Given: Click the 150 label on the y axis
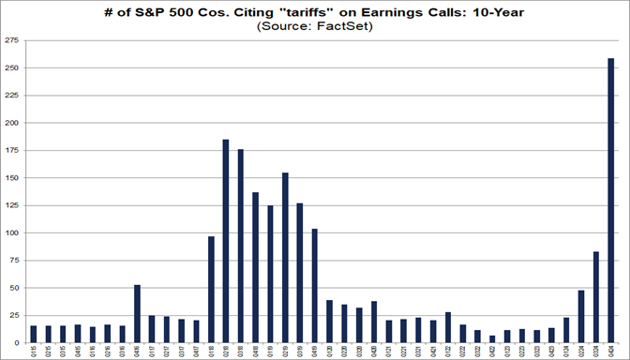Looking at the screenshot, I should [12, 178].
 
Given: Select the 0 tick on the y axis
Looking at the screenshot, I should [18, 342].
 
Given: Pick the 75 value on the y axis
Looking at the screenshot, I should [15, 261].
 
